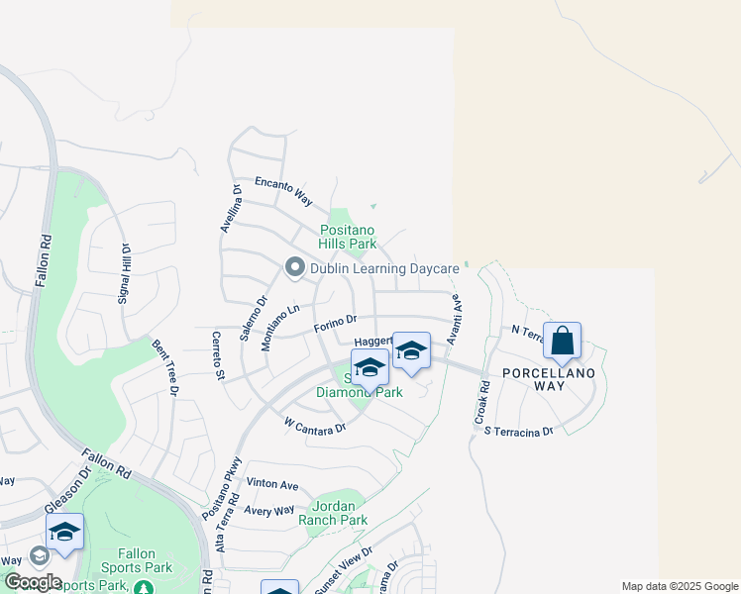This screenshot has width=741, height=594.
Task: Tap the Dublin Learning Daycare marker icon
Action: [294, 267]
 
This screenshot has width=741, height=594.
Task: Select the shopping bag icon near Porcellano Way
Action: [562, 342]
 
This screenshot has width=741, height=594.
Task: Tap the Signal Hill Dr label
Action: [126, 273]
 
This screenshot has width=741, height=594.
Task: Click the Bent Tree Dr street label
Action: [165, 368]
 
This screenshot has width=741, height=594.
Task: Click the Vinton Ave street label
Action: [272, 485]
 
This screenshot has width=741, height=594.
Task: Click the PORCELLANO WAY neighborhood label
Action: [548, 378]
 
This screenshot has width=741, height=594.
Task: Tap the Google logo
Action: [32, 582]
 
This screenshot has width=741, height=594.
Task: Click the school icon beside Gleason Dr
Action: [64, 532]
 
